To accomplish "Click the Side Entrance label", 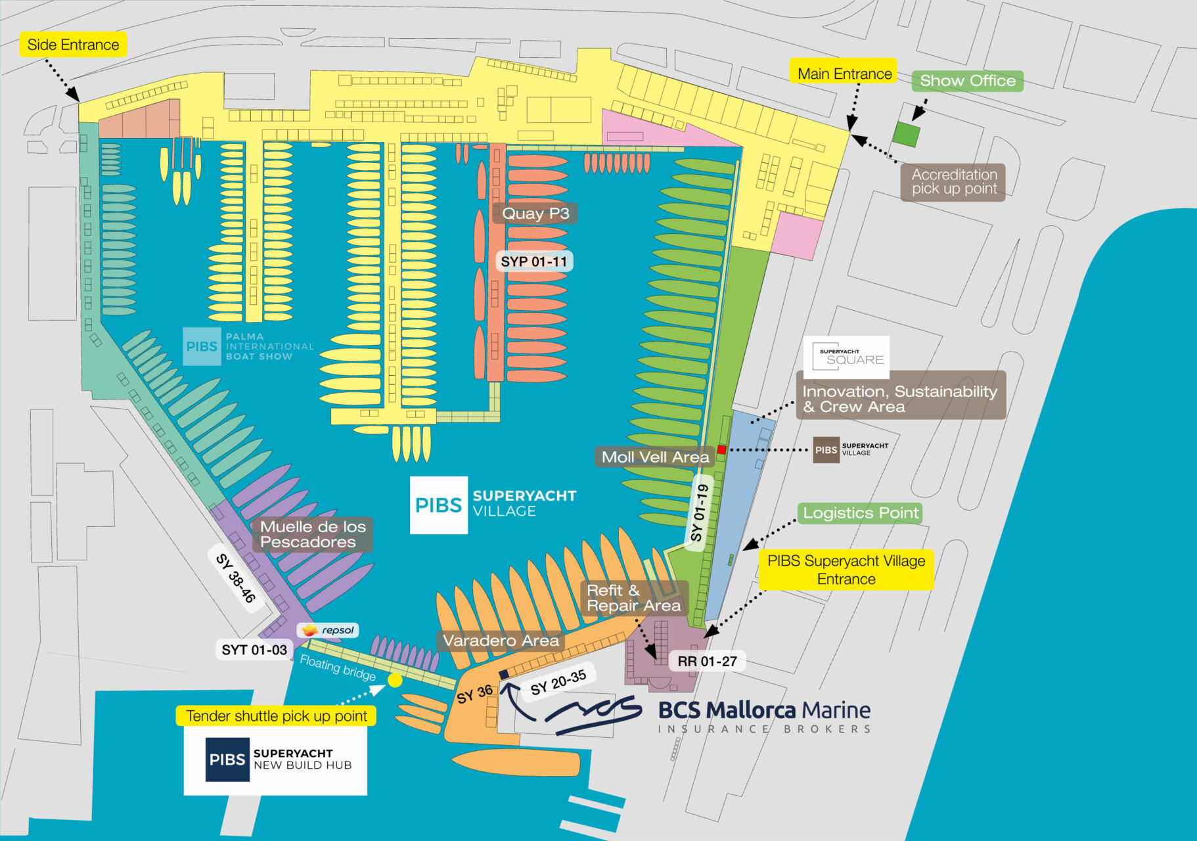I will pos(73,45).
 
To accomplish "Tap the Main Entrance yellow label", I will pos(844,74).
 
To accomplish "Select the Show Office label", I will pos(967,81).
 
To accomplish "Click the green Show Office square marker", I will pos(906,134).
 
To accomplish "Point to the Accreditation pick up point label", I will pos(953,182).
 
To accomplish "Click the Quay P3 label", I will pos(535,214).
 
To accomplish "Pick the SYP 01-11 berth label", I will pos(533,261).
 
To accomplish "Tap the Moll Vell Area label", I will pos(655,457).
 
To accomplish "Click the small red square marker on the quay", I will pos(721,449).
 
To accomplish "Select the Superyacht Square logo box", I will pos(846,357).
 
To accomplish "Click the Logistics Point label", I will pos(860,513).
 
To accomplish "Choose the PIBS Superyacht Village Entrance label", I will pos(846,570).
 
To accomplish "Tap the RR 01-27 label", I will pos(707,661).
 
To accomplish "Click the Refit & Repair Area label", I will pos(633,598).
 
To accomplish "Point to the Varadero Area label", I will pos(501,641).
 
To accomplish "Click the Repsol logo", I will pos(328,630).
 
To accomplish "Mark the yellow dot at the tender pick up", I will pos(395,680).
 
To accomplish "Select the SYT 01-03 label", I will pos(254,650).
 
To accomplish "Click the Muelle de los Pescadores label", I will pos(313,534).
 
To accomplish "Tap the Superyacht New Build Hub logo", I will pos(275,760).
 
